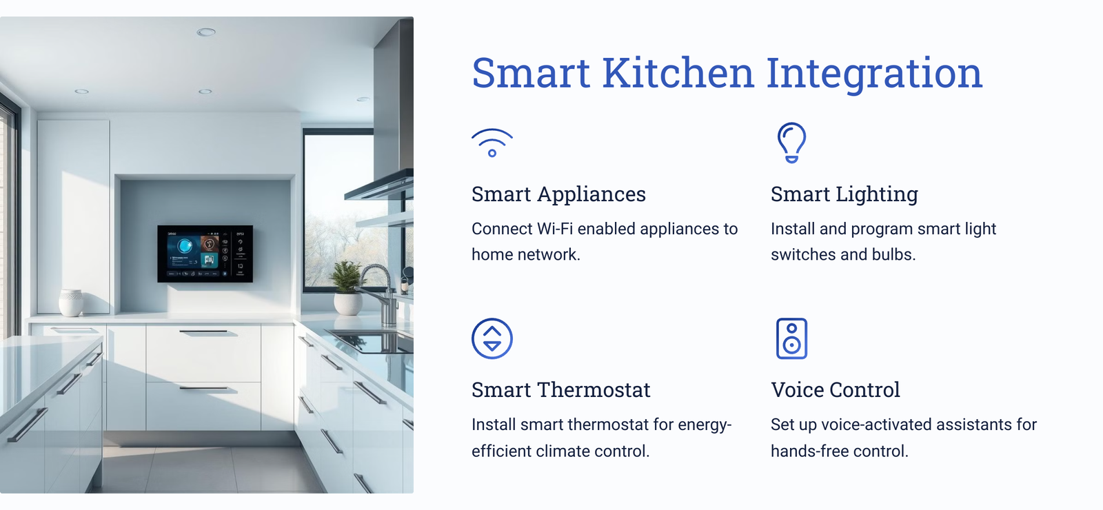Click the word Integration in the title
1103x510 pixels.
874,74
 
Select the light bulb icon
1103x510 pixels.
791,142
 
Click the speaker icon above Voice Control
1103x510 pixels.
791,338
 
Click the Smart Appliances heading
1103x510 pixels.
558,194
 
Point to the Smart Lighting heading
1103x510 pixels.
844,194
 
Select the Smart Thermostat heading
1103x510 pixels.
561,390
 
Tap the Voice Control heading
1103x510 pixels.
835,390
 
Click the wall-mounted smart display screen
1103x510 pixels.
205,254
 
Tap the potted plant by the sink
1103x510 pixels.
348,288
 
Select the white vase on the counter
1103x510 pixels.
72,303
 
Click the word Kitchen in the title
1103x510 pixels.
678,74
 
